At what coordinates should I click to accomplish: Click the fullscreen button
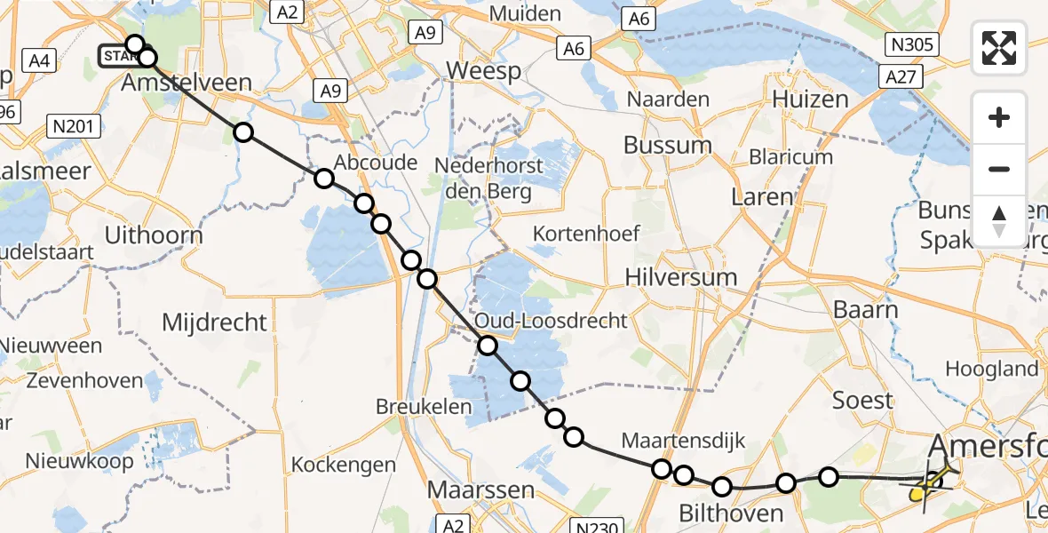pyautogui.click(x=999, y=48)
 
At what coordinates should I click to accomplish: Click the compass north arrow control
pyautogui.click(x=999, y=220)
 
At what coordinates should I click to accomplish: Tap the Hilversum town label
pyautogui.click(x=681, y=277)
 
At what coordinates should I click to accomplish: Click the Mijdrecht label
pyautogui.click(x=214, y=322)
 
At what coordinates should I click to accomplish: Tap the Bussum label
pyautogui.click(x=668, y=145)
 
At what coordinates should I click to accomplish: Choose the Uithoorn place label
pyautogui.click(x=154, y=235)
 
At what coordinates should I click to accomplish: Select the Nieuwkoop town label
pyautogui.click(x=79, y=461)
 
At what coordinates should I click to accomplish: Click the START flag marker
pyautogui.click(x=117, y=57)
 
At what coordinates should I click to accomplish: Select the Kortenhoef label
pyautogui.click(x=586, y=234)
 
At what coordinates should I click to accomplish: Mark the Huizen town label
pyautogui.click(x=811, y=99)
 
